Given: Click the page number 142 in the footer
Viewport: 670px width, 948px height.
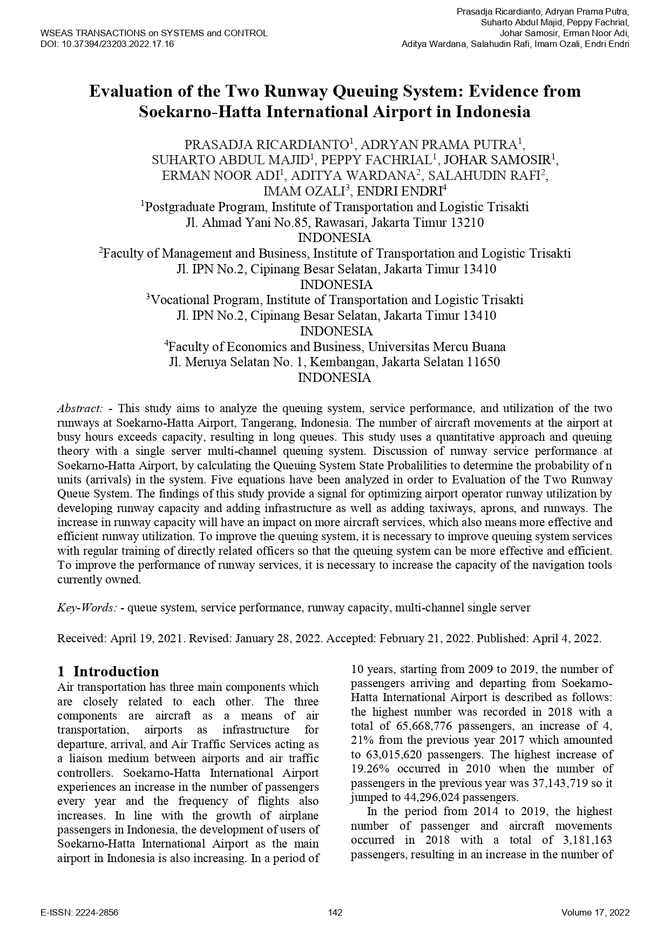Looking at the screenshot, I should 335,913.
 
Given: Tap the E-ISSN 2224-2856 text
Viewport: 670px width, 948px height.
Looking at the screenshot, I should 79,913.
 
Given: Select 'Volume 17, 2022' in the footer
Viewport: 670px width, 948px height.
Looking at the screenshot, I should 595,913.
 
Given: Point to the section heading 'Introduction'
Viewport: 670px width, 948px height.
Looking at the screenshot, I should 116,671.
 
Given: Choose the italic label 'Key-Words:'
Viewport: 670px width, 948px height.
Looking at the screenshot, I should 87,608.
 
